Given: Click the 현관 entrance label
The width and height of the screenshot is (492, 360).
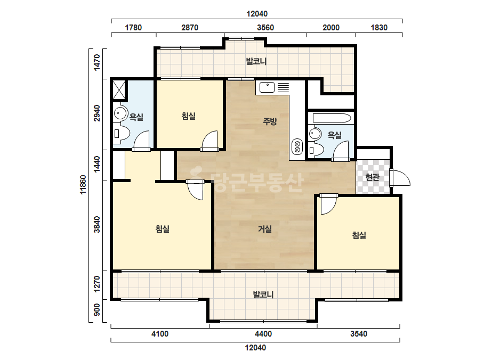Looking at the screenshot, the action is pyautogui.click(x=373, y=177).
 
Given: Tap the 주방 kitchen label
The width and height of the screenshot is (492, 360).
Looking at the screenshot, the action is pyautogui.click(x=270, y=121).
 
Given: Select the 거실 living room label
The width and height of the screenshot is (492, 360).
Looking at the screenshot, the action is pyautogui.click(x=265, y=229).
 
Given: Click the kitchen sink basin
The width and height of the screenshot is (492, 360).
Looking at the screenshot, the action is pyautogui.click(x=267, y=87).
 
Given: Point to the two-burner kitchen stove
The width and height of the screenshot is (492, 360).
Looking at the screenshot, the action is pyautogui.click(x=297, y=147).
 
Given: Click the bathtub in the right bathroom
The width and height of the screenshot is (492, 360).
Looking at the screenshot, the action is pyautogui.click(x=332, y=119).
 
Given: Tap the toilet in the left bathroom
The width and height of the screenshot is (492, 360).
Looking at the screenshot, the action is pyautogui.click(x=122, y=133).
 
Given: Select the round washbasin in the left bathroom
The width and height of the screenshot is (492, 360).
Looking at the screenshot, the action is pyautogui.click(x=120, y=112).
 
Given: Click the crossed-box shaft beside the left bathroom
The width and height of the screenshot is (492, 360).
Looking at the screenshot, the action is pyautogui.click(x=119, y=90).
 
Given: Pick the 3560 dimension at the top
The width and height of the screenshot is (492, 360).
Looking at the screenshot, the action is pyautogui.click(x=265, y=28).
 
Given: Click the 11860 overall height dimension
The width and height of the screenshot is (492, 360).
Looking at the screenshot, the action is pyautogui.click(x=83, y=185).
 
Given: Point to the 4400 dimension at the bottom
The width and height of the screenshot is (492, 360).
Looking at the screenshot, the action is pyautogui.click(x=263, y=334).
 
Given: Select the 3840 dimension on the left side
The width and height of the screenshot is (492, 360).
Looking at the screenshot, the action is pyautogui.click(x=97, y=225).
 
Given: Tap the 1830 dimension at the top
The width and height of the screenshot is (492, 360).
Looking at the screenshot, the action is pyautogui.click(x=379, y=28).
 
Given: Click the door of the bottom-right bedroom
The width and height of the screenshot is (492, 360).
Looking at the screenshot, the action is pyautogui.click(x=328, y=204).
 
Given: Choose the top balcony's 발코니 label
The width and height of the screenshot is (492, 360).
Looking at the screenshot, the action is pyautogui.click(x=256, y=61).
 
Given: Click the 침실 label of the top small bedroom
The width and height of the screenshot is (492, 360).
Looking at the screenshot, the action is pyautogui.click(x=189, y=116).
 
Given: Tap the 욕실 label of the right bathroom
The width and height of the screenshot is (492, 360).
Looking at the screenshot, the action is pyautogui.click(x=334, y=135).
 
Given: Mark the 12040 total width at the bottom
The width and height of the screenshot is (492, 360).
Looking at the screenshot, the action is pyautogui.click(x=255, y=347).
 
